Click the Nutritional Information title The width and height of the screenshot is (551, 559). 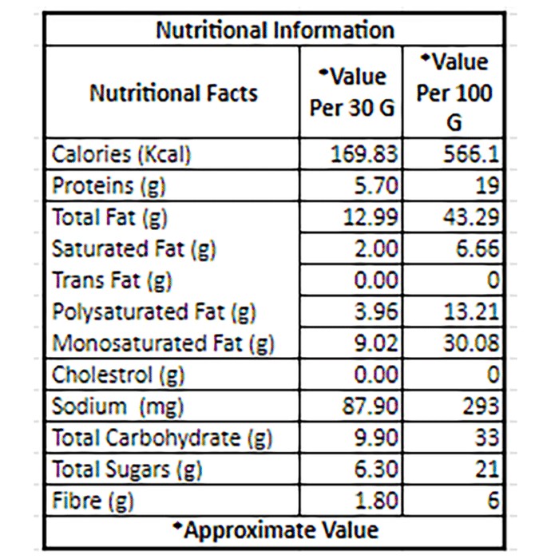pos(275,30)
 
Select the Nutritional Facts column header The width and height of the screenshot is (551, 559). pos(173,93)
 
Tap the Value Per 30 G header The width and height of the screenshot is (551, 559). pos(352,92)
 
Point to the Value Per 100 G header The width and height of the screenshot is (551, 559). pos(454,92)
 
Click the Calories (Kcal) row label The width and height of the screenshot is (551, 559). pos(121,155)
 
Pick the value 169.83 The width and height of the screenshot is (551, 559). pos(364,155)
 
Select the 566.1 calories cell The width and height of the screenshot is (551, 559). pos(471,155)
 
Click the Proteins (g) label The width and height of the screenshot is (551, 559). pos(109,186)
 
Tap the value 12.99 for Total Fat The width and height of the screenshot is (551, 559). pos(370,217)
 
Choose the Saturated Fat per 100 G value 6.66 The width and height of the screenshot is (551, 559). pos(478,248)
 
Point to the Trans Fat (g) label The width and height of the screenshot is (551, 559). pos(112,280)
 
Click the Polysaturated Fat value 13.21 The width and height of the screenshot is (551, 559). pos(471,311)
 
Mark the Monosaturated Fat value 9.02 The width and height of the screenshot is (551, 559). pos(376,343)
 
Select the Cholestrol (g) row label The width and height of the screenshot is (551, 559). pos(118,375)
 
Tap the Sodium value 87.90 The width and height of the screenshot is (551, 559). pos(370,406)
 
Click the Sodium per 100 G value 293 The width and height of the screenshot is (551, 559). pos(481,406)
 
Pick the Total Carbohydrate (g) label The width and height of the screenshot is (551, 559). pos(162,438)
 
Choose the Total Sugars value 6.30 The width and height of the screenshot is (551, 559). pos(376,469)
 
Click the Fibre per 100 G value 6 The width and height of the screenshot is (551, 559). pos(493,500)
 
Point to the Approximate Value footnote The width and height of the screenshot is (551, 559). pos(275,530)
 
